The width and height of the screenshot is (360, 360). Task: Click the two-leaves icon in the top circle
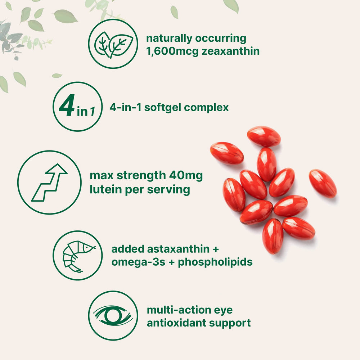pyautogui.click(x=113, y=44)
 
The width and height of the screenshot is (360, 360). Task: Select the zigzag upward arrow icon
pyautogui.click(x=49, y=182)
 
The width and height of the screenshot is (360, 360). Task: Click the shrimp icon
pyautogui.click(x=78, y=256)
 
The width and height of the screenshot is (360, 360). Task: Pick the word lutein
pyautogui.click(x=104, y=189)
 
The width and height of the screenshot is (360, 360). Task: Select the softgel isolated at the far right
pyautogui.click(x=323, y=183)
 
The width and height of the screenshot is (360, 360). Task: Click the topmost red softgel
pyautogui.click(x=264, y=136)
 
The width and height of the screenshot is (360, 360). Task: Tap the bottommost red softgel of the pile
pyautogui.click(x=273, y=236)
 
